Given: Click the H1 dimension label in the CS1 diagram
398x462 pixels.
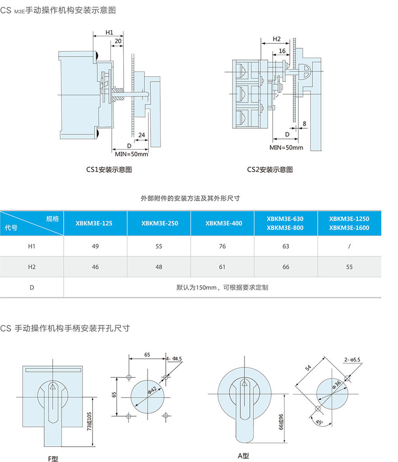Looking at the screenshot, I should click(x=109, y=32).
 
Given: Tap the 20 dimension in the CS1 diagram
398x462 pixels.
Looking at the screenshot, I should click(x=117, y=41).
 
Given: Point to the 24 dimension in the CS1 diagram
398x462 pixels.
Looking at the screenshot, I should click(x=142, y=134).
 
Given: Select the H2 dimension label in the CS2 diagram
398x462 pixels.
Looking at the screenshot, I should click(x=277, y=39).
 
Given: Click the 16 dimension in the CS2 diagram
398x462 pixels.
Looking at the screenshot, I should click(x=282, y=51).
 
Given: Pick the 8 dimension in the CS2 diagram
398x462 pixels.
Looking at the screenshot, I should click(x=305, y=123).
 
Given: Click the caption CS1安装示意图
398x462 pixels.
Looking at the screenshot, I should click(x=109, y=169).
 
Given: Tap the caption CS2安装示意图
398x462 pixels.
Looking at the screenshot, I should click(x=270, y=169).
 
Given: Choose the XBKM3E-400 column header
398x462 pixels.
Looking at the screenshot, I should click(x=223, y=223).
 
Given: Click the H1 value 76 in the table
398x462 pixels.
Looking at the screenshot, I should click(x=222, y=247).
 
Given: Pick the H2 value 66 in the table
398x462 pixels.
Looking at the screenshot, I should click(x=286, y=267).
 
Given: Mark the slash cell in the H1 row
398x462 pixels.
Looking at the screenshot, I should click(x=349, y=247).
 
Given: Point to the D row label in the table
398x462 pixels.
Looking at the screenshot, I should click(x=32, y=287).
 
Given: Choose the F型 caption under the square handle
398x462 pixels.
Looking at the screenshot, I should click(x=53, y=458).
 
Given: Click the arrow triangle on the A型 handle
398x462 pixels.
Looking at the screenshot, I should click(x=245, y=383).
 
